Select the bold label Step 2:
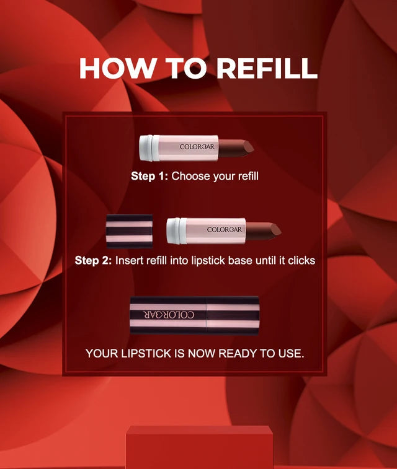click(x=93, y=260)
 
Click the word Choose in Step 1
click(x=191, y=176)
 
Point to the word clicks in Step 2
click(x=301, y=260)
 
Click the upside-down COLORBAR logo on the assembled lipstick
click(x=169, y=315)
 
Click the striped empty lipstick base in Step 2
click(x=129, y=231)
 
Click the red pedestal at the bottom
click(x=199, y=447)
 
